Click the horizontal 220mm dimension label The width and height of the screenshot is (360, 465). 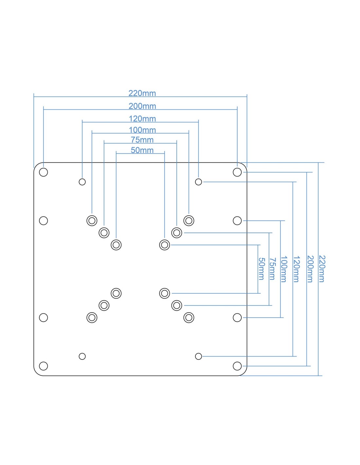click(142, 93)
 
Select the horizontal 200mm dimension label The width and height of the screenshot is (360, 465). click(142, 106)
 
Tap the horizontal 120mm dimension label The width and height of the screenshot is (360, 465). click(142, 119)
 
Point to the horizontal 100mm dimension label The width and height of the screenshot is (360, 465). click(142, 130)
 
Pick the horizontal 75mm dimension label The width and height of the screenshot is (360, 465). click(142, 140)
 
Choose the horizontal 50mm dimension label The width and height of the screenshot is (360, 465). click(142, 150)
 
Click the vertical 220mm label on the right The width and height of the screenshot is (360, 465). click(322, 269)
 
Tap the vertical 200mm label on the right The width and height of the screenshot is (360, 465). click(310, 269)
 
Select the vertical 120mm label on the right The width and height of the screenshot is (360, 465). click(296, 269)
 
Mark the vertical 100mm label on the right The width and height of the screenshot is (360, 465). click(284, 269)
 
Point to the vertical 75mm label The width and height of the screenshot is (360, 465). click(272, 269)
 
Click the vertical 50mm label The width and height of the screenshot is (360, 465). click(261, 269)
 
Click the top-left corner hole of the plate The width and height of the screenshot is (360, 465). click(44, 172)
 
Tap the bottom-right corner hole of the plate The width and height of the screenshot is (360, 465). click(237, 366)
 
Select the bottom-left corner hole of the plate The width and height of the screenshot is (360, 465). click(44, 366)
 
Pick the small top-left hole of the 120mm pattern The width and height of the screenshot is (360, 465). click(82, 182)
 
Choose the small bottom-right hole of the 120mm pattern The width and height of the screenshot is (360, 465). click(198, 356)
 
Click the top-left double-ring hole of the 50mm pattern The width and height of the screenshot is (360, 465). click(116, 245)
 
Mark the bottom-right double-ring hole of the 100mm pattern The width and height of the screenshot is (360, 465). click(189, 318)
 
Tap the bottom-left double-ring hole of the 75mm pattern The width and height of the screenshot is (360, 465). click(104, 305)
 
